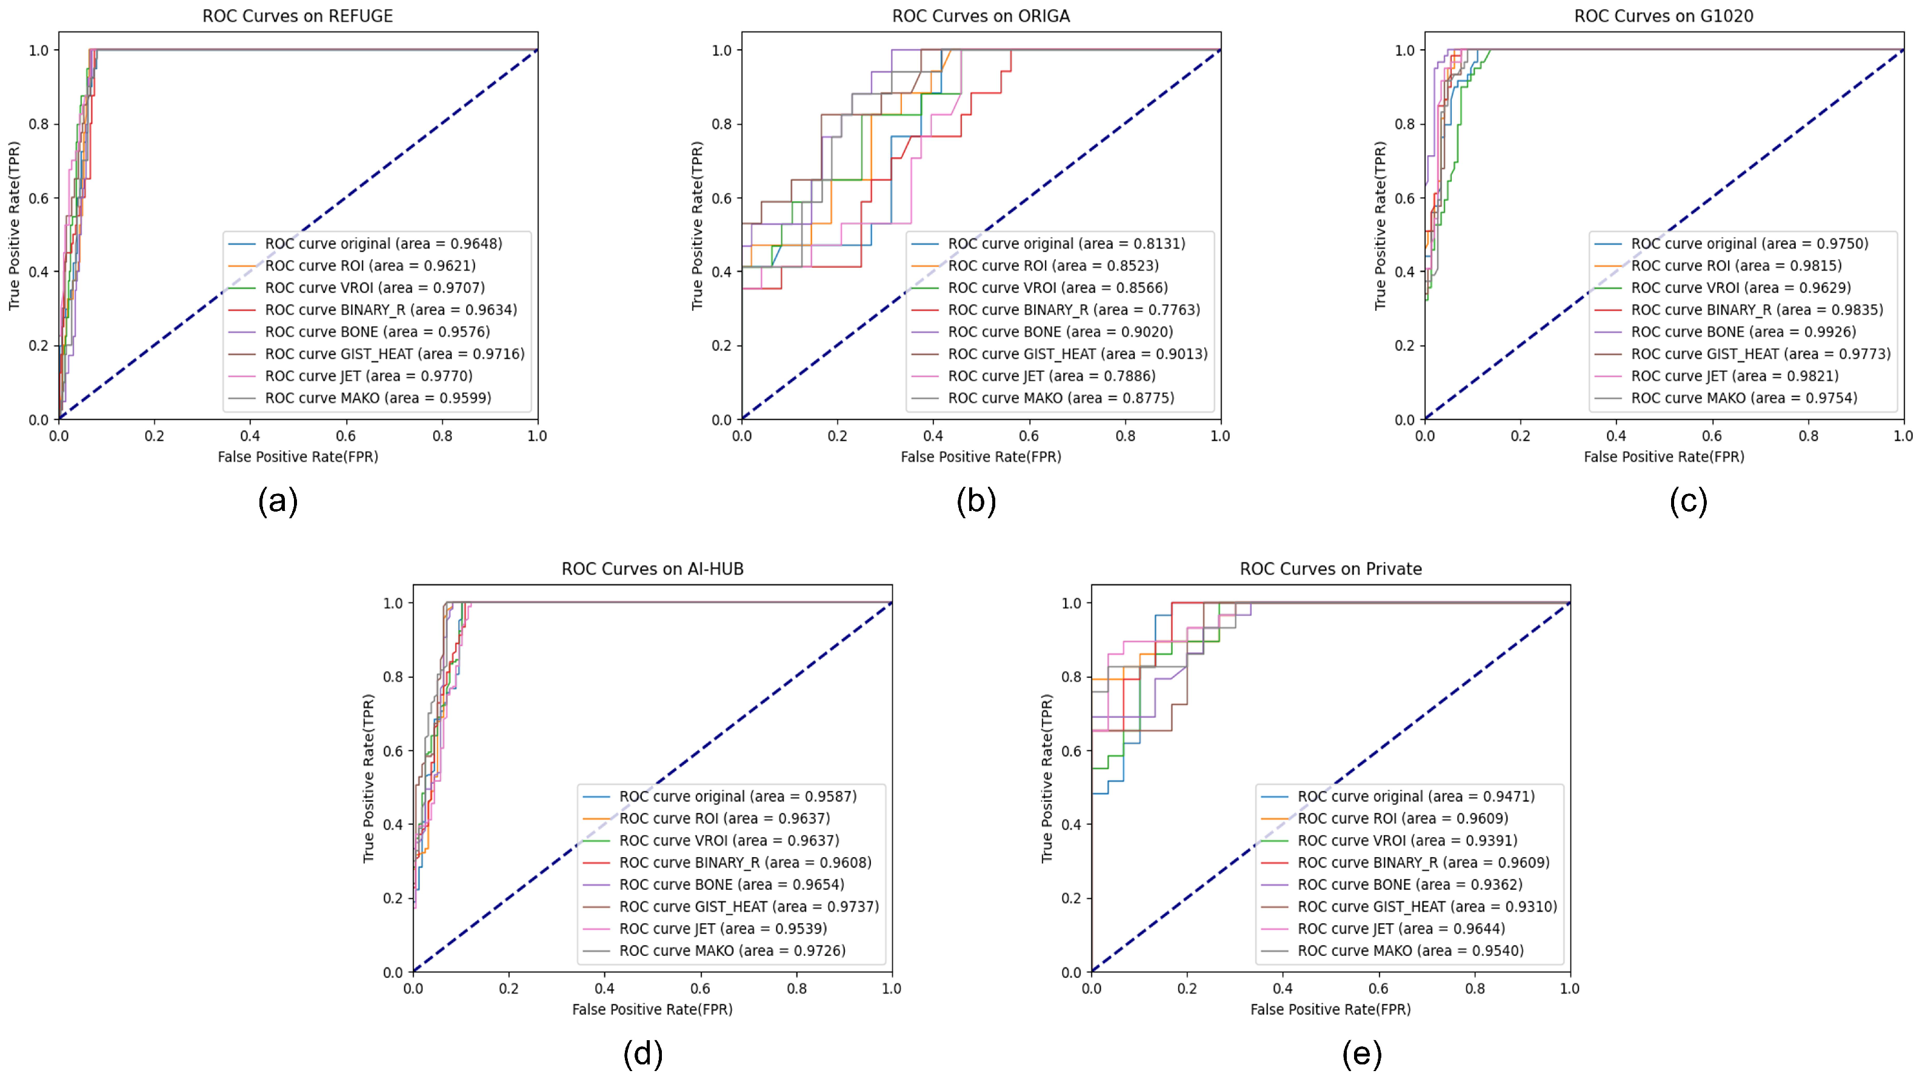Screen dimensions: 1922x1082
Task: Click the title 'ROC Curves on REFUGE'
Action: click(x=298, y=16)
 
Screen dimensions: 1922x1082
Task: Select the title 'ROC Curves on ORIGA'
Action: click(x=981, y=16)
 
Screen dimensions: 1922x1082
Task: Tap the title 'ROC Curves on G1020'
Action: click(x=1664, y=16)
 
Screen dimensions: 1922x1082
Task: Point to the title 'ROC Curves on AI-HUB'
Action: click(x=652, y=569)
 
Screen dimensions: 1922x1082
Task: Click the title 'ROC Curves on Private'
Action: click(x=1330, y=569)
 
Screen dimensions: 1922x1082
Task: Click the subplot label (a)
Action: click(x=278, y=501)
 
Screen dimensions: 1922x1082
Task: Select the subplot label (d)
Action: click(x=642, y=1054)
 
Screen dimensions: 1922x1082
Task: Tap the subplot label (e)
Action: click(x=1362, y=1054)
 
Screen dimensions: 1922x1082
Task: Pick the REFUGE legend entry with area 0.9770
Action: click(x=369, y=376)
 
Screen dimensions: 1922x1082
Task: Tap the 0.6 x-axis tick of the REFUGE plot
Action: click(x=345, y=436)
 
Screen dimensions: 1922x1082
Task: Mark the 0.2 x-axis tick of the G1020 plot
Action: click(x=1521, y=436)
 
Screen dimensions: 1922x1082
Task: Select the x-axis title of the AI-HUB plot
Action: click(x=652, y=1010)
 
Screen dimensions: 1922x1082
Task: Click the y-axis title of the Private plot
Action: click(x=1047, y=778)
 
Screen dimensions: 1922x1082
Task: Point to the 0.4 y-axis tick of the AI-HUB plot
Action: click(x=393, y=824)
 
